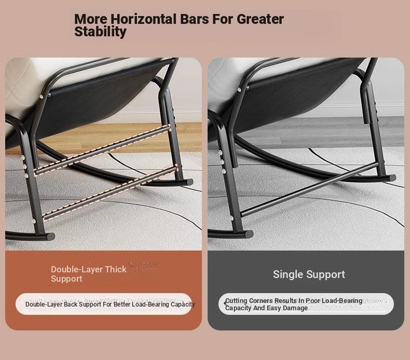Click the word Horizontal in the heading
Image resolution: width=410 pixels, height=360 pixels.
click(143, 19)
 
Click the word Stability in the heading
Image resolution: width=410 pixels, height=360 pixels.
click(100, 32)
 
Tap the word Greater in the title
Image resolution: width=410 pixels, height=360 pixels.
click(260, 19)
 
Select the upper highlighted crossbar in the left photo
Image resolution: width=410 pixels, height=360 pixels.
click(103, 150)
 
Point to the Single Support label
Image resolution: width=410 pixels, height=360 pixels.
click(309, 274)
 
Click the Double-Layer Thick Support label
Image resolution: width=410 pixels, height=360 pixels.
click(89, 274)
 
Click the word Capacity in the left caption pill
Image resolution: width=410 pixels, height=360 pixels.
click(183, 304)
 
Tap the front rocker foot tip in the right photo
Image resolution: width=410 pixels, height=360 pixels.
click(249, 234)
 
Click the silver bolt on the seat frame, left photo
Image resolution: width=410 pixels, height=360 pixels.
click(42, 96)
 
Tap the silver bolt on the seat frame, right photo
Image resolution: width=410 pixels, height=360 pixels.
click(239, 90)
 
